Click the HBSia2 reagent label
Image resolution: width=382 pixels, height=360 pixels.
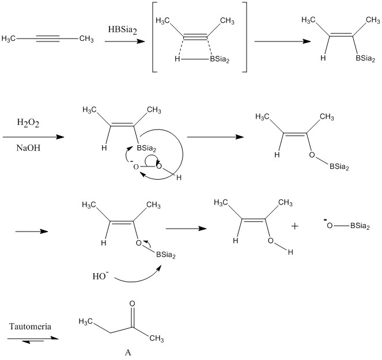(123, 30)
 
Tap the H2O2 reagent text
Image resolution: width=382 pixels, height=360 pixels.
(28, 123)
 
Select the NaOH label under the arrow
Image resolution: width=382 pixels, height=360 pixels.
(28, 148)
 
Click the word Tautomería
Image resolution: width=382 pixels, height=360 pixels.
(30, 327)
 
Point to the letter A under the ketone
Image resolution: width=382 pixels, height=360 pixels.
(128, 352)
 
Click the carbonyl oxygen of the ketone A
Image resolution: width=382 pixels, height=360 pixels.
(132, 304)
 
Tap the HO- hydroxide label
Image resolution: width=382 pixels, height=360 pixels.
(100, 276)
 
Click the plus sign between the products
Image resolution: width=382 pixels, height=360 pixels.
(295, 226)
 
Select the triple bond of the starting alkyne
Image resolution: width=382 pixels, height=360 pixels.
(47, 39)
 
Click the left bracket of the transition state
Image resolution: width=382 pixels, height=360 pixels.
(153, 37)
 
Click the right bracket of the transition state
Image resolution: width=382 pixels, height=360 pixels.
(246, 37)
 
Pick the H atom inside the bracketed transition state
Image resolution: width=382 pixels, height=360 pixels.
(177, 59)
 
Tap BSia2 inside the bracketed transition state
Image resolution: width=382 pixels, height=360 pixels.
(220, 59)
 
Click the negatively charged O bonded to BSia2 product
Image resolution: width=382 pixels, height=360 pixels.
(330, 226)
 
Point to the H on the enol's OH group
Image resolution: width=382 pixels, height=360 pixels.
(290, 252)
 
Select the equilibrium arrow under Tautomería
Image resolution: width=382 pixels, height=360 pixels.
(33, 339)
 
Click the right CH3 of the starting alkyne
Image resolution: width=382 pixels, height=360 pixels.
(86, 39)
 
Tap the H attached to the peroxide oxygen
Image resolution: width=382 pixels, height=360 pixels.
(179, 177)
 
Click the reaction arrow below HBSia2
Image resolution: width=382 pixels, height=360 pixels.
(124, 41)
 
